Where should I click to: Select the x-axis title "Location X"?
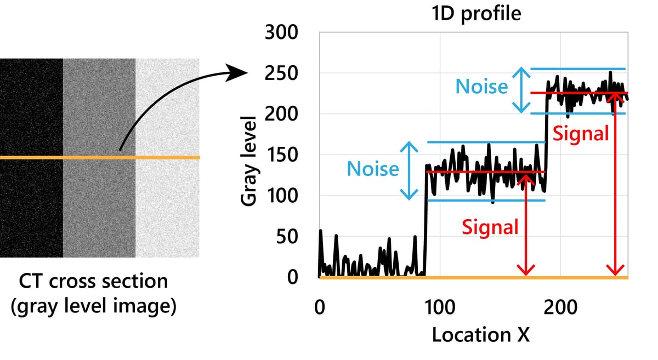coord(480,334)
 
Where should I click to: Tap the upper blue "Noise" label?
coord(481,87)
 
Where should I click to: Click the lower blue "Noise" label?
coord(372,169)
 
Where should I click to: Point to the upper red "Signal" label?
coord(581,133)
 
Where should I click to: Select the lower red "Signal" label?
coord(490,226)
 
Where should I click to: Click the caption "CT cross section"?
coord(93,282)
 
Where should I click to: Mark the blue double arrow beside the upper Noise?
coord(522,90)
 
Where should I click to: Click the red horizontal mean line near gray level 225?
coord(576,93)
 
